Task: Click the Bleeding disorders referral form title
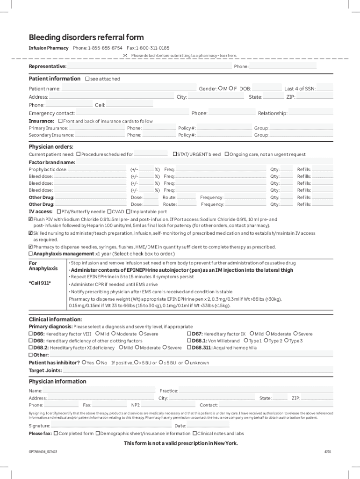[x=86, y=37]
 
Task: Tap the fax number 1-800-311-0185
[x=152, y=48]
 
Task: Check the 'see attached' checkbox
[x=87, y=79]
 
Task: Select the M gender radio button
[x=220, y=88]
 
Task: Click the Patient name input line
[x=129, y=89]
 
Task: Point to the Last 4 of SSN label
[x=300, y=89]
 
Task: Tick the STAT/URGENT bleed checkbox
[x=174, y=154]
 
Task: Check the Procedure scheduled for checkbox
[x=79, y=154]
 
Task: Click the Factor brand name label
[x=51, y=162]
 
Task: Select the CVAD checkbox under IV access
[x=109, y=211]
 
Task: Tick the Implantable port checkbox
[x=128, y=211]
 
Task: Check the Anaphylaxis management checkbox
[x=31, y=254]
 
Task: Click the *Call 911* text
[x=40, y=283]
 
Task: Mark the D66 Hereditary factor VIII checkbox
[x=31, y=334]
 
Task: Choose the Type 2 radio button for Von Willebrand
[x=266, y=341]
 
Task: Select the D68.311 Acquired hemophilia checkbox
[x=189, y=348]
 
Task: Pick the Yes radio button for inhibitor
[x=84, y=363]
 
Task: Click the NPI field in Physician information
[x=169, y=405]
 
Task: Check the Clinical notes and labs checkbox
[x=194, y=434]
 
